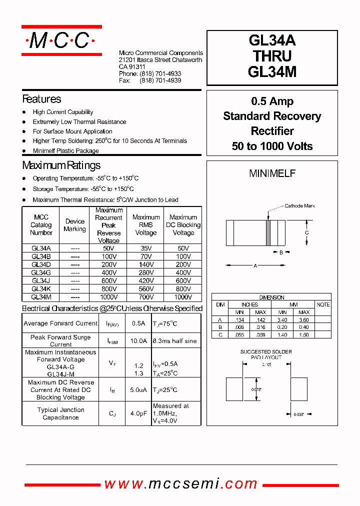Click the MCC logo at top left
[61, 40]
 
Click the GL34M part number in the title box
[272, 72]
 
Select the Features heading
[41, 99]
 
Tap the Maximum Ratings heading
[61, 165]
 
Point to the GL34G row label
[41, 272]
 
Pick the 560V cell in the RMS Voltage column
[145, 289]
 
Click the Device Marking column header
[74, 225]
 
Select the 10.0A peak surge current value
[138, 341]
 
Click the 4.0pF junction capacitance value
[138, 413]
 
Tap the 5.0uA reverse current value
[138, 390]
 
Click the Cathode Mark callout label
[299, 206]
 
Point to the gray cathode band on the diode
[268, 233]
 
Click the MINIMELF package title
[272, 173]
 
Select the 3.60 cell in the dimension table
[303, 320]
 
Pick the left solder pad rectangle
[234, 389]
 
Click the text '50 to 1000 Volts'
[272, 146]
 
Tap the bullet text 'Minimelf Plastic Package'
[65, 151]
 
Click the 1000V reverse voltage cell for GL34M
[108, 297]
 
